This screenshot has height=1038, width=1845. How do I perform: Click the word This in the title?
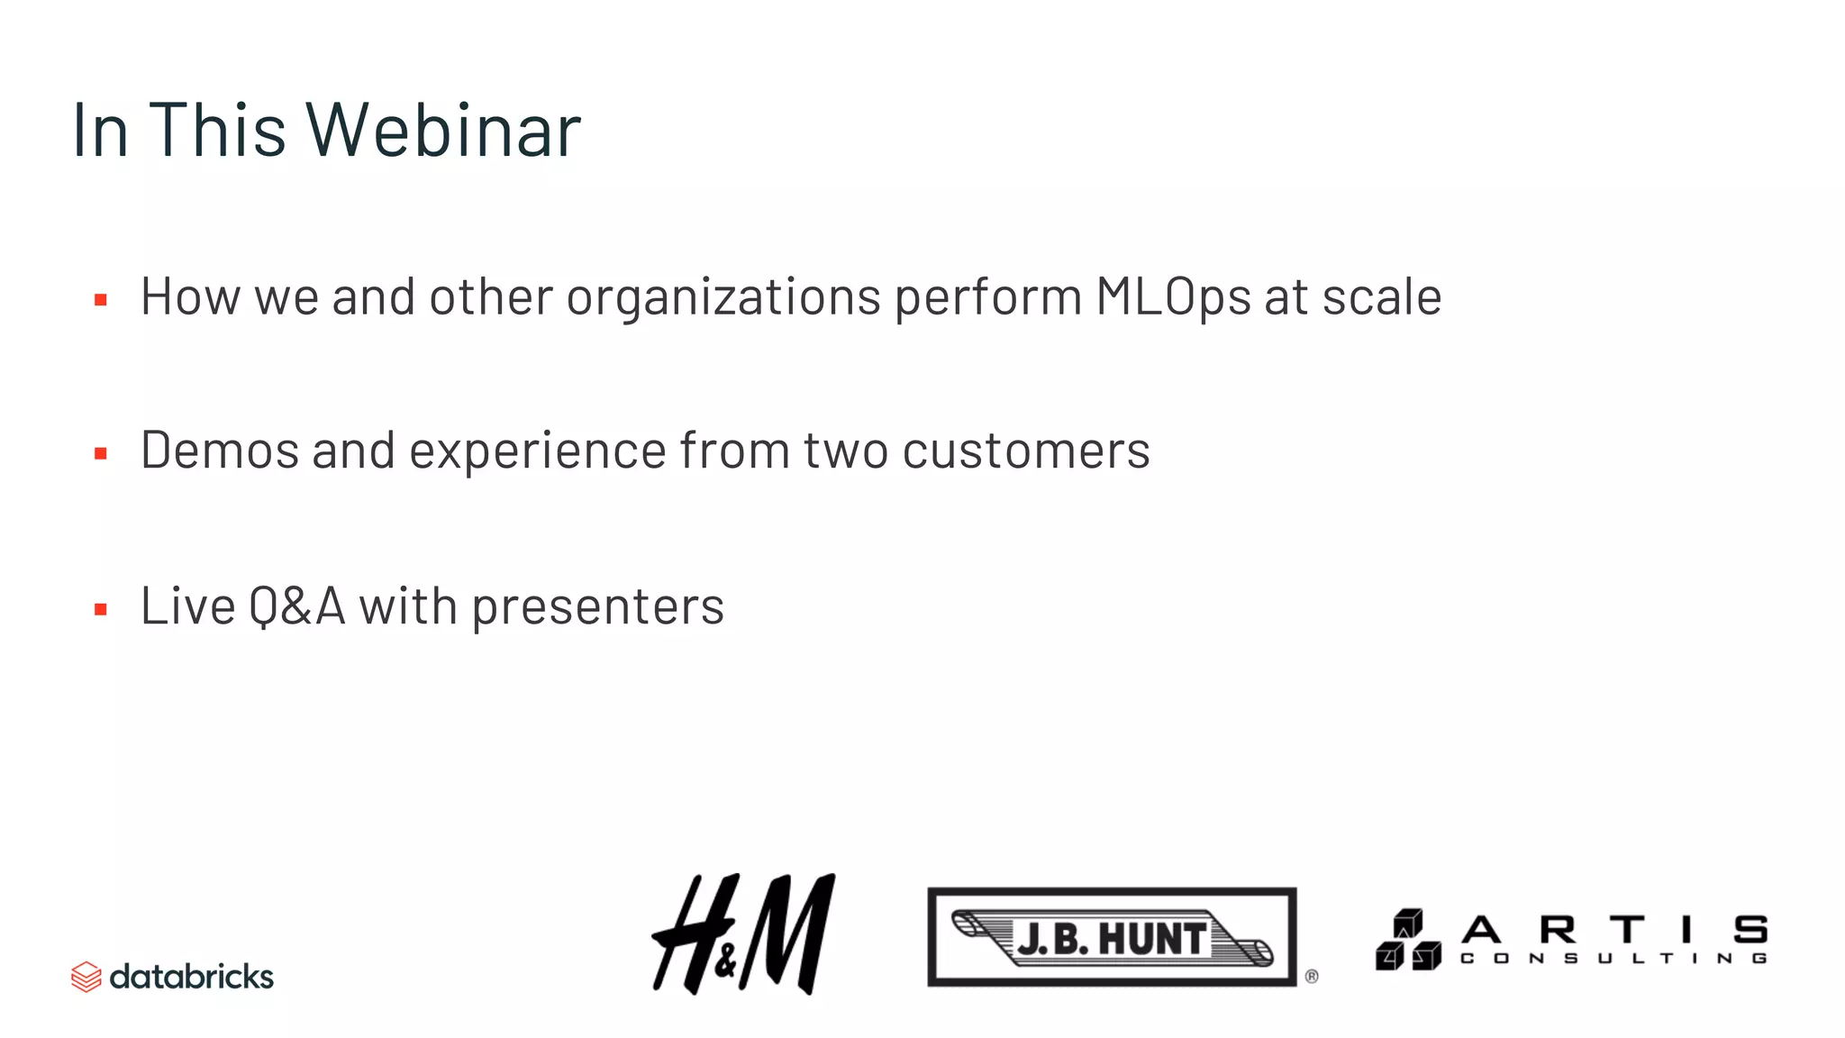(x=216, y=131)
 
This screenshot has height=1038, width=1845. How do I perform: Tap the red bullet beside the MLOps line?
(x=101, y=300)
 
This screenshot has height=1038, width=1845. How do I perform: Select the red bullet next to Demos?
(x=101, y=454)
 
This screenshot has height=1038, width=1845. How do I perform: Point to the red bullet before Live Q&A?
(x=101, y=610)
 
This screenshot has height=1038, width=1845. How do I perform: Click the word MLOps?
(x=1172, y=297)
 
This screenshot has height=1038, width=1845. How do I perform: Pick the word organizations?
(x=723, y=297)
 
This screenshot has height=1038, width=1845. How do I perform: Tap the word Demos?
(x=219, y=451)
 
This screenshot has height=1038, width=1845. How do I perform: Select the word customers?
(x=1025, y=451)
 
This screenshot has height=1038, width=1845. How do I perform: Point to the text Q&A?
(x=296, y=606)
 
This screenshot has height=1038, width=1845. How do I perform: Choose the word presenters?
(x=597, y=606)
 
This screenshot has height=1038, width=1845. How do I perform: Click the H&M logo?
(x=743, y=934)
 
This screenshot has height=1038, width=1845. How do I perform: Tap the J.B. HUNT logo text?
(x=1112, y=939)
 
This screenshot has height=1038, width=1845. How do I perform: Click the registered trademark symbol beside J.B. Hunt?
(x=1312, y=977)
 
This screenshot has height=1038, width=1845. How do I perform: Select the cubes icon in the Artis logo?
(x=1407, y=940)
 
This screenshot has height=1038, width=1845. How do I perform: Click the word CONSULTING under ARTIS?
(x=1613, y=959)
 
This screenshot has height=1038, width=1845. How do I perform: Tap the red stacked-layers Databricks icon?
(x=86, y=977)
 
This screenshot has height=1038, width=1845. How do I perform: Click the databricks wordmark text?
(x=191, y=977)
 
